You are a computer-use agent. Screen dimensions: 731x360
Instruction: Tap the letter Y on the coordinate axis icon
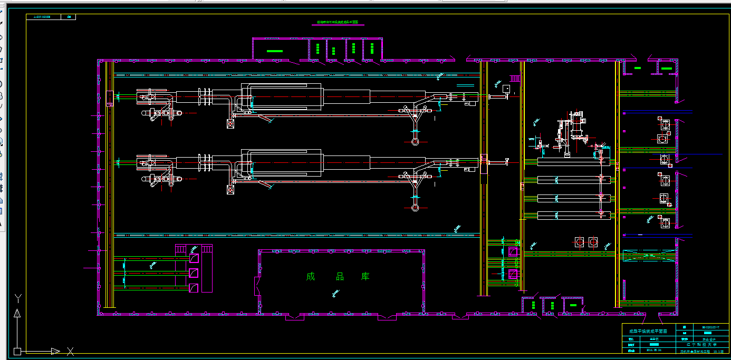click(x=17, y=298)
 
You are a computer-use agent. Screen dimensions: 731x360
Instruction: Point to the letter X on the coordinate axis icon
click(x=70, y=351)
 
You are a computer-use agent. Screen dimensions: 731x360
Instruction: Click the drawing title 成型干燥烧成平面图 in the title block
click(x=648, y=332)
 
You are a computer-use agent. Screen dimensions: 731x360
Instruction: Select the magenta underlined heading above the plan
click(x=338, y=23)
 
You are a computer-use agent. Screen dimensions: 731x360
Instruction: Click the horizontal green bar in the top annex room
click(x=274, y=51)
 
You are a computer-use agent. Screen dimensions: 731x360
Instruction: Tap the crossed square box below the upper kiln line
click(x=230, y=123)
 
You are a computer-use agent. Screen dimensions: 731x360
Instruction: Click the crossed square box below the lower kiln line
click(x=230, y=189)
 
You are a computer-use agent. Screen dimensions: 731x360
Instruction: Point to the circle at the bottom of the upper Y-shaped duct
click(x=415, y=141)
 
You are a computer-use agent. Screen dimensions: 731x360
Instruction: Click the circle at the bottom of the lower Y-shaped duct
click(x=415, y=207)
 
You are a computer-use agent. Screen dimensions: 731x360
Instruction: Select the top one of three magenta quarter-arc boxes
click(x=194, y=259)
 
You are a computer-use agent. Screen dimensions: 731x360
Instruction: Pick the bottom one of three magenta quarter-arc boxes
click(x=194, y=288)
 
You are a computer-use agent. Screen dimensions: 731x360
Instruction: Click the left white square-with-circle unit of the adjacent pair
click(x=580, y=241)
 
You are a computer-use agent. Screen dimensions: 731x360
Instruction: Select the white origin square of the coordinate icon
click(x=17, y=351)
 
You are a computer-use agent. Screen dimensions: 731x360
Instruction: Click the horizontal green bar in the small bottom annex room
click(x=573, y=304)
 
